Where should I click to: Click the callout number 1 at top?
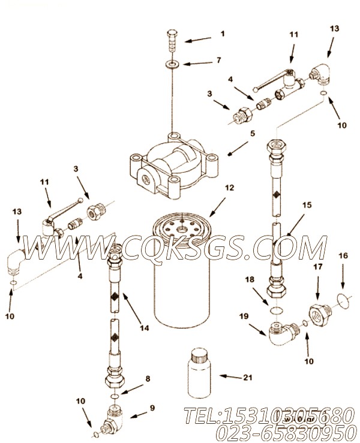click(223, 34)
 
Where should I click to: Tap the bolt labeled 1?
click(172, 40)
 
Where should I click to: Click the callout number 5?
click(253, 133)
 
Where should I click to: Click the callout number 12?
click(230, 188)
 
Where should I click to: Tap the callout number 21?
click(247, 377)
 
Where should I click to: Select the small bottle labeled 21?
click(199, 373)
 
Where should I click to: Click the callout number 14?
click(144, 328)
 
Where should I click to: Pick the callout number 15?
click(307, 205)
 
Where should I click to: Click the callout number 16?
click(343, 256)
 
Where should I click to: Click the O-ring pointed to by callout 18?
click(276, 311)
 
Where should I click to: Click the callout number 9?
click(152, 408)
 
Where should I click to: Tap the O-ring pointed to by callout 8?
click(114, 397)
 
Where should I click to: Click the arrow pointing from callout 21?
click(230, 376)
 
